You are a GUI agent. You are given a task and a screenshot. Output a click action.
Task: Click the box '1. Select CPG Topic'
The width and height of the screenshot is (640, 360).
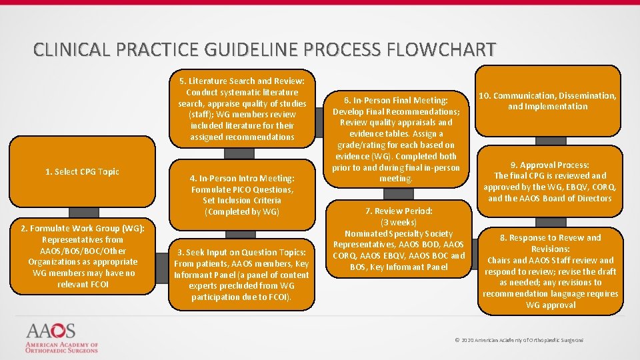[82, 172]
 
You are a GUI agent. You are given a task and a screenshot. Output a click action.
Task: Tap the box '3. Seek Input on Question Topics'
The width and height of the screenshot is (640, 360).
[241, 274]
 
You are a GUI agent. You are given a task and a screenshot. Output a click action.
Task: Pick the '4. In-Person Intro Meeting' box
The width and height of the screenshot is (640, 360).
[241, 195]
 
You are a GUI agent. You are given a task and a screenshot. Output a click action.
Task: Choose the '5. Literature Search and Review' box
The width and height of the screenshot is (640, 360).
[241, 109]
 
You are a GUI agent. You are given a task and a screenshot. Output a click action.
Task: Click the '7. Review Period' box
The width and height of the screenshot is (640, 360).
[399, 239]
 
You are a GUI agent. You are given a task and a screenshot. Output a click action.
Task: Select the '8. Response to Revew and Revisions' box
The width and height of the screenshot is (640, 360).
[550, 271]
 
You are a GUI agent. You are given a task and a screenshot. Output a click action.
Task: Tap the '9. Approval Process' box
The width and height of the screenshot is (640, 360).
[550, 181]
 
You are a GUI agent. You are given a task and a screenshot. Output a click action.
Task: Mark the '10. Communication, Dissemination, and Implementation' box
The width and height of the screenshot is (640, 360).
[550, 101]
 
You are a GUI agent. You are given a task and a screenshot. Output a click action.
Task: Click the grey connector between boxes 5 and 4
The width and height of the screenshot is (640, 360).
[240, 153]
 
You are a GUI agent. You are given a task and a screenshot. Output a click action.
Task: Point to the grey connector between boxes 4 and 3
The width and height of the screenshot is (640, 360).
[240, 233]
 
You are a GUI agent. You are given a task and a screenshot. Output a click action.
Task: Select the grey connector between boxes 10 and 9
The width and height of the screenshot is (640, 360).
[551, 141]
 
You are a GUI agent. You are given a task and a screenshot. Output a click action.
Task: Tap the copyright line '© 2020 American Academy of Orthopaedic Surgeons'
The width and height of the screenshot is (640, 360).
[518, 340]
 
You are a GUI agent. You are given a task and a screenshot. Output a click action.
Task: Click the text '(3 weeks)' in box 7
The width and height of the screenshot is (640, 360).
[399, 222]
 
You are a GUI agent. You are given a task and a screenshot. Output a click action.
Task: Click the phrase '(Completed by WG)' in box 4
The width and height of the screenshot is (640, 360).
[241, 212]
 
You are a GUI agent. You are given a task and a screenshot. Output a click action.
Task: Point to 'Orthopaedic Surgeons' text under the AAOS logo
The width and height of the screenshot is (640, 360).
[62, 351]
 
